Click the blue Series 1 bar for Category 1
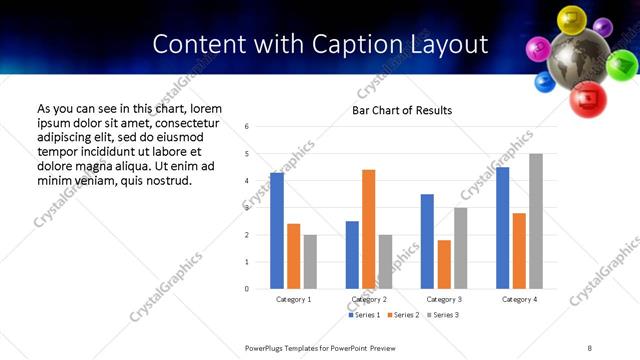(x=277, y=231)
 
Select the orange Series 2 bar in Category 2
(x=368, y=229)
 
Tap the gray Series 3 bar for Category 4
(x=536, y=221)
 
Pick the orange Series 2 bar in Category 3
(x=444, y=264)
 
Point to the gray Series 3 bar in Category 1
(x=310, y=262)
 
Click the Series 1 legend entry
(x=365, y=315)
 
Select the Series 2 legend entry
(x=402, y=315)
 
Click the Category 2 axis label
(x=369, y=300)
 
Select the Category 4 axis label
(x=519, y=300)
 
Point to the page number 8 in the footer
(x=589, y=348)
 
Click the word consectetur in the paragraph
(x=183, y=122)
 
